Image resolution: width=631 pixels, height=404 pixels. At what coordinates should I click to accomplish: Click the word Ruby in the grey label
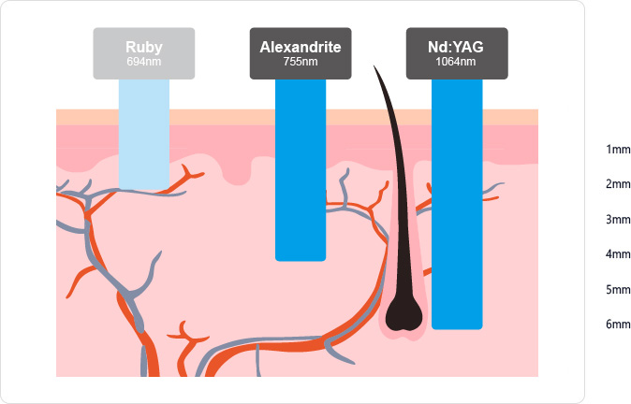click(144, 47)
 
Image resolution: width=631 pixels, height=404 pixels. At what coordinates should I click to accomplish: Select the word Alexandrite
click(301, 47)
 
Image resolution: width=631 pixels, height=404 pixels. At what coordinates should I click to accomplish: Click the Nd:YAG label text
click(457, 47)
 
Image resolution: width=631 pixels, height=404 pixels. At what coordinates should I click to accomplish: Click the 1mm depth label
click(618, 150)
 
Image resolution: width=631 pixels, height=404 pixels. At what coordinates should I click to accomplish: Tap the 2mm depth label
click(618, 184)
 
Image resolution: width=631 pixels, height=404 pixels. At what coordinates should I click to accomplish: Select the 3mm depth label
click(618, 220)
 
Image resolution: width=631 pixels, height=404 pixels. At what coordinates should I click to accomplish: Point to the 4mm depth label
click(618, 254)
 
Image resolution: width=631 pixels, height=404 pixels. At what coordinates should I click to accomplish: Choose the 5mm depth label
click(618, 290)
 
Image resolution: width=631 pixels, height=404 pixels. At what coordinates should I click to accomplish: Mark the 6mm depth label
click(618, 325)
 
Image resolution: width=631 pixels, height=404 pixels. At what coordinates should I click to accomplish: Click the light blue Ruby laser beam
click(144, 131)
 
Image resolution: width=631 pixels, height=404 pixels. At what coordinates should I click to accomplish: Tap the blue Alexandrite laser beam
click(301, 168)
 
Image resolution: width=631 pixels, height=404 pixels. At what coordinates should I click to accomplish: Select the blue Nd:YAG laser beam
click(457, 206)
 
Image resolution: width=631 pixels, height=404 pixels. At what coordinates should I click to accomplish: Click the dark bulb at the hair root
click(405, 315)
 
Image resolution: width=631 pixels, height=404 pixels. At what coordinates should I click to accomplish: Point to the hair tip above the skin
click(376, 71)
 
